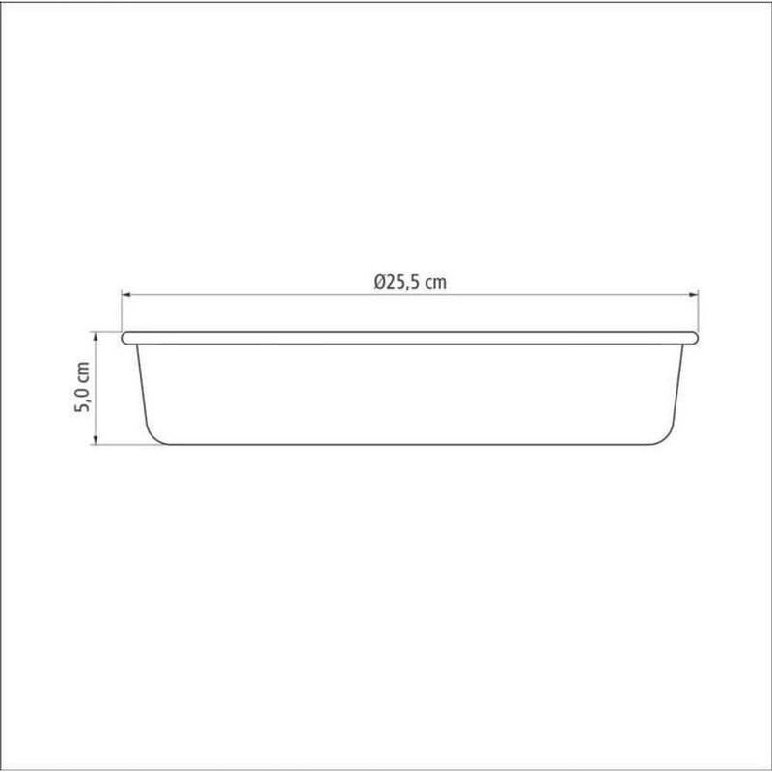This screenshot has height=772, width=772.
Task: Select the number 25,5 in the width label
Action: pyautogui.click(x=403, y=282)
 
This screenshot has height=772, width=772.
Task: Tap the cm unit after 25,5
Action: pyautogui.click(x=436, y=283)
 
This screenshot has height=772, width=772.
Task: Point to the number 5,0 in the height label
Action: pyautogui.click(x=82, y=399)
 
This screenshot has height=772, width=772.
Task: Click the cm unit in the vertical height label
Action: pyautogui.click(x=83, y=372)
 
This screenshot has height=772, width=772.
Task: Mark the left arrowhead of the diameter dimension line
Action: pyautogui.click(x=126, y=295)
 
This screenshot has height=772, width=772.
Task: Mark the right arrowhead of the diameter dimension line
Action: pyautogui.click(x=693, y=295)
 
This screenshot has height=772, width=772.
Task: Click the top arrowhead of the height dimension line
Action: pyautogui.click(x=96, y=336)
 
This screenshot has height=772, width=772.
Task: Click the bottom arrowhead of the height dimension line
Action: pyautogui.click(x=96, y=440)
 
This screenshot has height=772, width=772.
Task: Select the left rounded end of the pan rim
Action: pyautogui.click(x=125, y=338)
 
